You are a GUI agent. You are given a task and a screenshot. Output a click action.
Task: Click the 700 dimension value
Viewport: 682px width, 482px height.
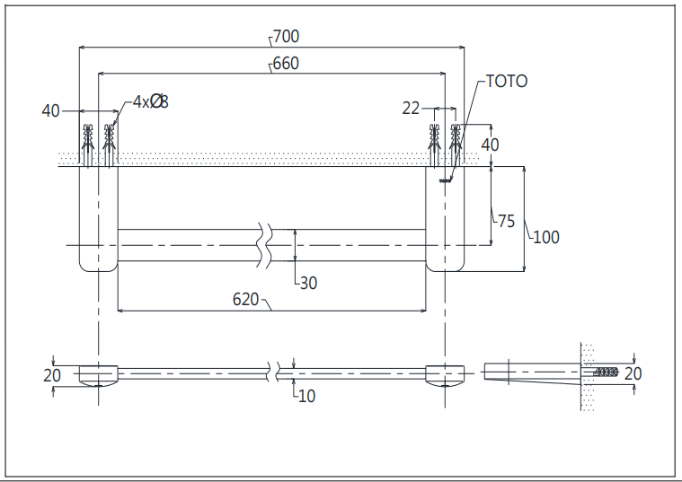coord(287,37)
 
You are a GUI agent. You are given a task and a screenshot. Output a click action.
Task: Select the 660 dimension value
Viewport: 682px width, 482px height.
coord(287,64)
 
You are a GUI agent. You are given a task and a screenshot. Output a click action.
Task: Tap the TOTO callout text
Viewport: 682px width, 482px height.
coord(507,82)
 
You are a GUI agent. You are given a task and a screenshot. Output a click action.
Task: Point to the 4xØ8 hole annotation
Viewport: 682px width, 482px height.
coord(150,101)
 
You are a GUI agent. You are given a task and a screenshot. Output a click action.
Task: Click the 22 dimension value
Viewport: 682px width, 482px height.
coord(411,109)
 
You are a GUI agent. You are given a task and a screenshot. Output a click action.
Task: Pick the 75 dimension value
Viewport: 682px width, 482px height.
coord(506,221)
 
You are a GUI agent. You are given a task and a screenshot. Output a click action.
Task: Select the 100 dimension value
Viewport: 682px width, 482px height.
coord(546,237)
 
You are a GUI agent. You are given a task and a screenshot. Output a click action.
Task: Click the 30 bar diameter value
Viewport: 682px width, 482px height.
coord(309,284)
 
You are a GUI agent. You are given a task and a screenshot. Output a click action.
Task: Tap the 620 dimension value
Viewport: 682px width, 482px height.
coord(245,300)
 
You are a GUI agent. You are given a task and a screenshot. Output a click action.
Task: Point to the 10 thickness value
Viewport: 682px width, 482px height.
coord(307,396)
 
